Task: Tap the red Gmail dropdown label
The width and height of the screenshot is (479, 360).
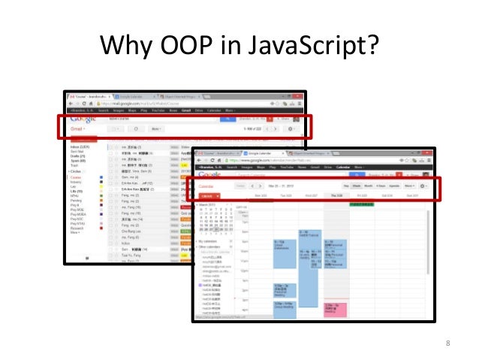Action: pos(77,129)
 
